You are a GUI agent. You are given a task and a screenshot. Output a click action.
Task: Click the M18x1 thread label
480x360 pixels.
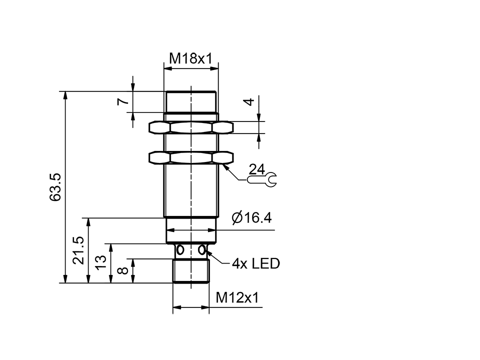191,58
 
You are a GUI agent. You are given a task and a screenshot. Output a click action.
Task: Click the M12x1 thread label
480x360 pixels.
237,298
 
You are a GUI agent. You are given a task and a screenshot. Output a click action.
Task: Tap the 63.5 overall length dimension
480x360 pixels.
55,187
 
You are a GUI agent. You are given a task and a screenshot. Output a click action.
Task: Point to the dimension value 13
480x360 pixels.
101,262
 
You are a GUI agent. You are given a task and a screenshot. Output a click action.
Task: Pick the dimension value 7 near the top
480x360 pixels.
122,101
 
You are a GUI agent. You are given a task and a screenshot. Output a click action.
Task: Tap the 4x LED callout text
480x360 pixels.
255,263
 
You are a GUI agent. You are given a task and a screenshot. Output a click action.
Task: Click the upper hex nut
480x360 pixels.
191,127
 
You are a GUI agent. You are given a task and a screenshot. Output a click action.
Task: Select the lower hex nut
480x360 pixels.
191,158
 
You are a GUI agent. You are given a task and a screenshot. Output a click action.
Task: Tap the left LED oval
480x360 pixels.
180,249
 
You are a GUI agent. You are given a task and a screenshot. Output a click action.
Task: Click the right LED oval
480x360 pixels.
202,249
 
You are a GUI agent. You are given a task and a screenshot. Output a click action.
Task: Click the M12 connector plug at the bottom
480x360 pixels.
191,271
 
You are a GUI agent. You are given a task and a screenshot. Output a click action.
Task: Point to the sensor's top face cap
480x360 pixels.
191,101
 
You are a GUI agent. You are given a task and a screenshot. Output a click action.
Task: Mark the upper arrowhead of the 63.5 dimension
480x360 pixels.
65,95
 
